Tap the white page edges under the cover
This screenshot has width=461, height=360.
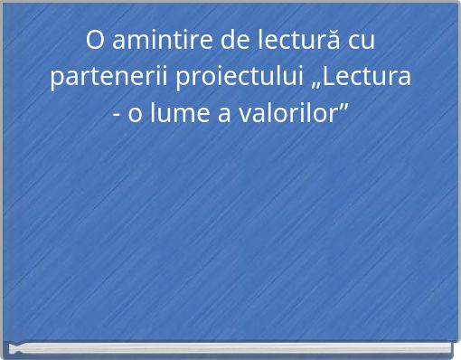point(230,350)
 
